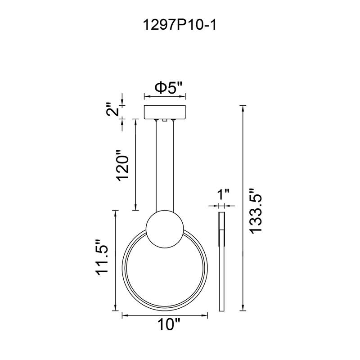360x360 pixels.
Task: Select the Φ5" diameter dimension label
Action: click(164, 87)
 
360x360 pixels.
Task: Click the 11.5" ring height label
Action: click(103, 262)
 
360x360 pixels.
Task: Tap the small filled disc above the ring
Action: click(165, 230)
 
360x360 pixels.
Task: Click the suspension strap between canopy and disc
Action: click(165, 166)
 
